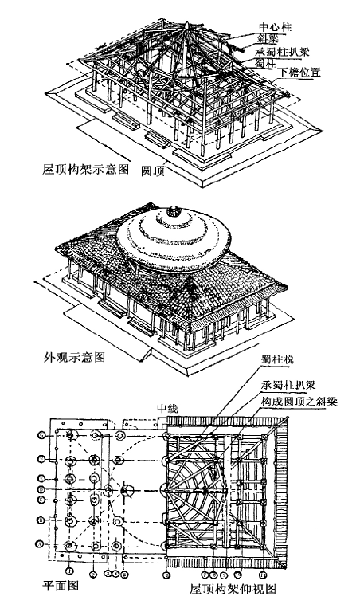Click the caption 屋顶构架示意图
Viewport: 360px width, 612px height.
pyautogui.click(x=78, y=171)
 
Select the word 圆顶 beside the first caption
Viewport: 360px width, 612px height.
pyautogui.click(x=152, y=171)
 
